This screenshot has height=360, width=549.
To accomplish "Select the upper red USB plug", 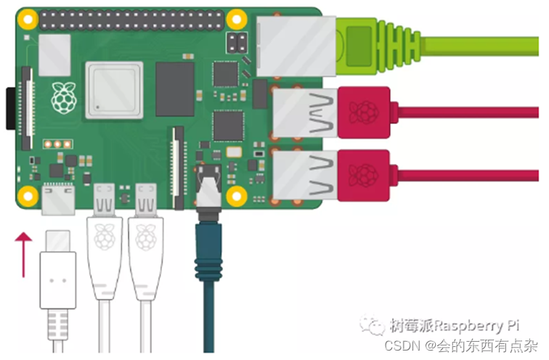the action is pyautogui.click(x=364, y=111).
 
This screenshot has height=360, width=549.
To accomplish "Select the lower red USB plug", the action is pyautogui.click(x=364, y=174).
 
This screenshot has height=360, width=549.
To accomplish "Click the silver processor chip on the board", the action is pyautogui.click(x=113, y=90).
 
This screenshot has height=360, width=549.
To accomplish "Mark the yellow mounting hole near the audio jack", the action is pyautogui.click(x=235, y=195).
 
